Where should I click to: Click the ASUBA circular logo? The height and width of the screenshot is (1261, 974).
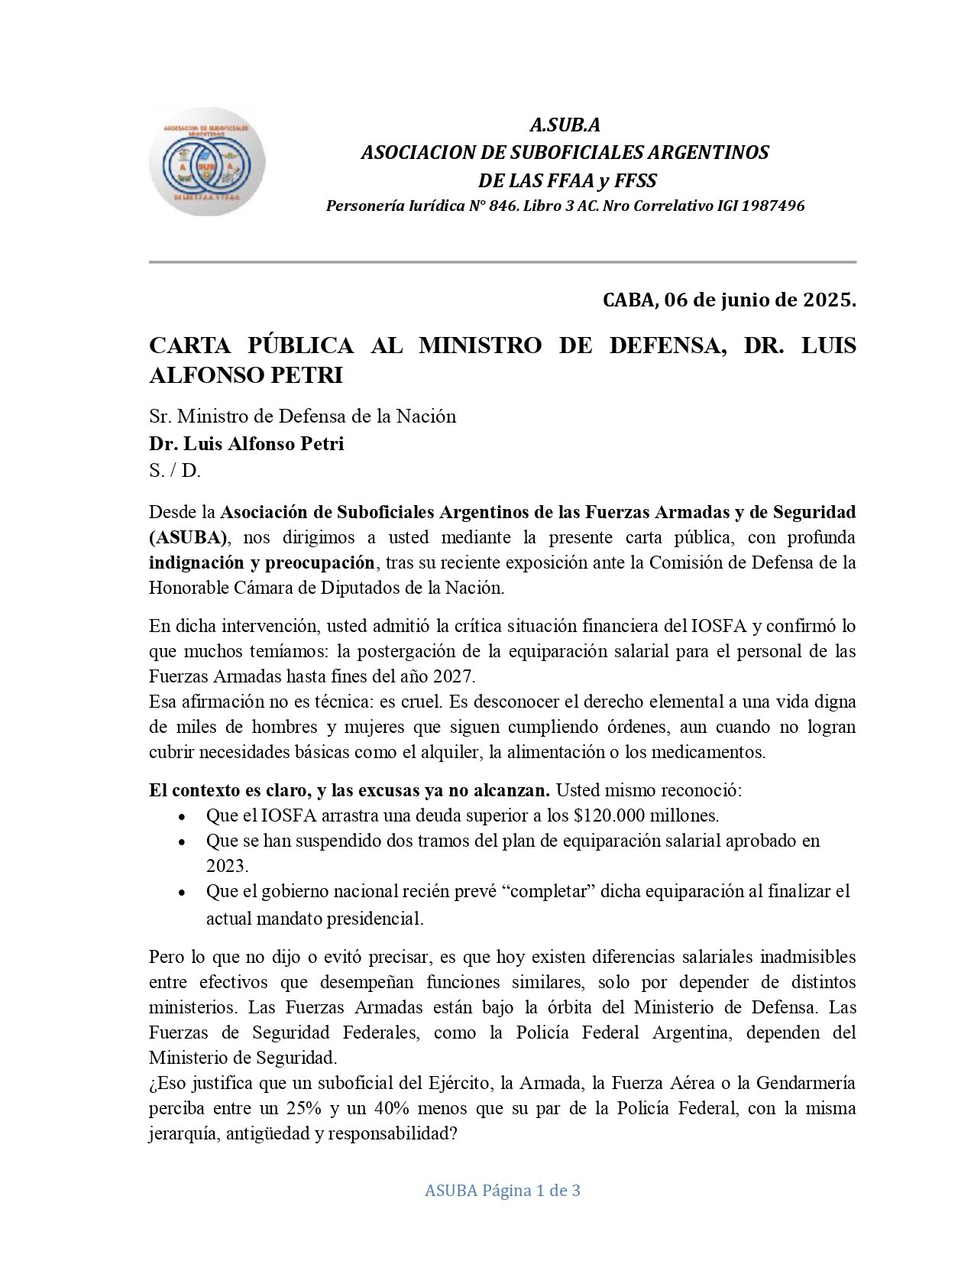(207, 162)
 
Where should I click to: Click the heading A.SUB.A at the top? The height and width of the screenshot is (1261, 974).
(565, 125)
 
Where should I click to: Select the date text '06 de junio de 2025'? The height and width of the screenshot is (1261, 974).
(757, 300)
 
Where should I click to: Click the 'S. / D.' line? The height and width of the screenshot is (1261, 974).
(175, 471)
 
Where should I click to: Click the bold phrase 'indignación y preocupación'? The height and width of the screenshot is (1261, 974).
(262, 562)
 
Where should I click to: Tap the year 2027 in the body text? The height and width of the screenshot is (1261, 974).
(454, 676)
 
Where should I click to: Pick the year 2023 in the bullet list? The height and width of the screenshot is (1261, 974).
(227, 866)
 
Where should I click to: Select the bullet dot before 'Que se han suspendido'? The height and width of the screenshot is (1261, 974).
(181, 841)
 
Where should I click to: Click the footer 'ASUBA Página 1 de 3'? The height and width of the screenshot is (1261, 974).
(502, 1190)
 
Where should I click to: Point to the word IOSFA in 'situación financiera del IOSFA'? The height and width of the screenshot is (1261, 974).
(722, 626)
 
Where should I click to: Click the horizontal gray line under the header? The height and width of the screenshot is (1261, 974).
(502, 262)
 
